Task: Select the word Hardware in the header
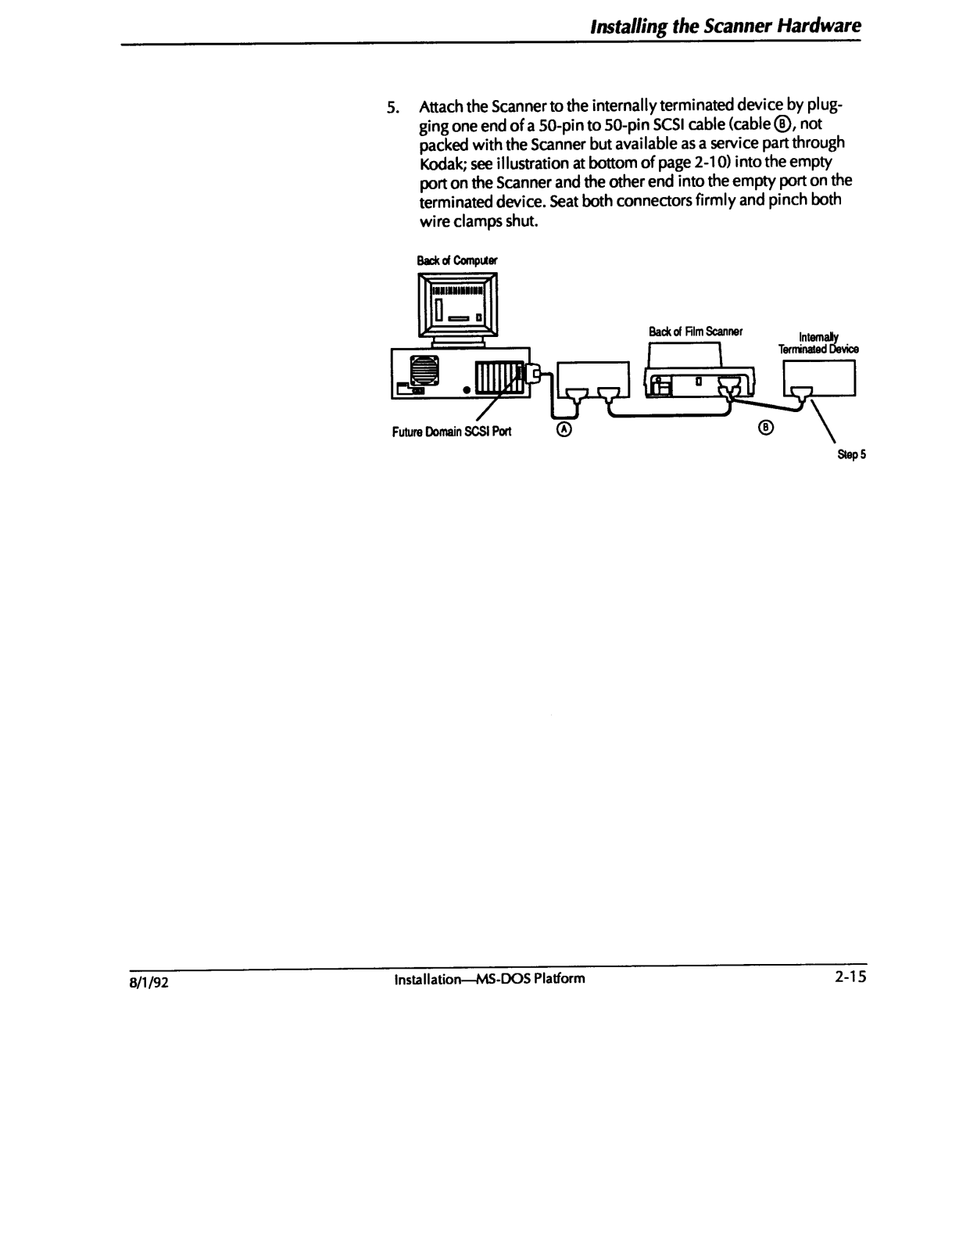[818, 26]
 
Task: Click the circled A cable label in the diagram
[564, 429]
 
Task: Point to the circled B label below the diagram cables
[766, 427]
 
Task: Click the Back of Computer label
[457, 260]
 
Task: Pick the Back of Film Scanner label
[695, 332]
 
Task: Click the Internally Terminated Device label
[818, 344]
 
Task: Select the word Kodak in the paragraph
[442, 162]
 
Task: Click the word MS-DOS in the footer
[504, 978]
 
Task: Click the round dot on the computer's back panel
[465, 389]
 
